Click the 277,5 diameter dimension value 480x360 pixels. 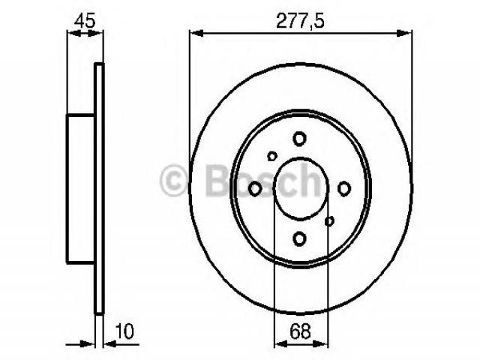(300, 21)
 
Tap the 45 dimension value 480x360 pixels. (85, 21)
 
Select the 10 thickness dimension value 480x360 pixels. (124, 331)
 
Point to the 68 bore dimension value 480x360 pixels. (300, 331)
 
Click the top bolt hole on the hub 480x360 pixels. (299, 139)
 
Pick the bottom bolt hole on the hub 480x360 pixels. (299, 238)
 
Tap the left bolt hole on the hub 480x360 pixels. (255, 188)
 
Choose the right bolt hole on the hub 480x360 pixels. (344, 188)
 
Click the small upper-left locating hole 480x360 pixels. (271, 156)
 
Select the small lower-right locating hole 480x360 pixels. (329, 221)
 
